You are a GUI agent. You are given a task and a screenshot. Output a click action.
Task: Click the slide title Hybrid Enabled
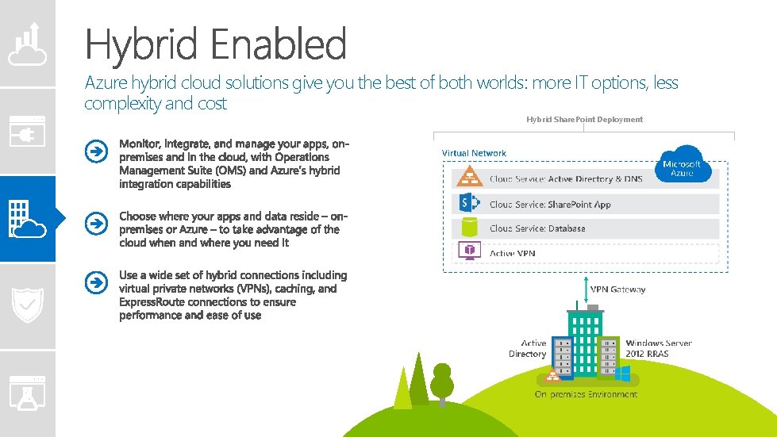[215, 44]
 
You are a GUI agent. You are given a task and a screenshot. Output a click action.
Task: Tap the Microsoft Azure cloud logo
[681, 165]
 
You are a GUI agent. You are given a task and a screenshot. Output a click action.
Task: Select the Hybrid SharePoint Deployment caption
[584, 119]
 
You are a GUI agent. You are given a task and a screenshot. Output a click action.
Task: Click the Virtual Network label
[474, 153]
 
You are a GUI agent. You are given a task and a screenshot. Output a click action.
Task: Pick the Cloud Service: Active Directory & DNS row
[566, 179]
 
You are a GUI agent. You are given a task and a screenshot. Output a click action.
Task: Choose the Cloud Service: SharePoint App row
[550, 205]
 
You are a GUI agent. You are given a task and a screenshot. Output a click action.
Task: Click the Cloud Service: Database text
[537, 228]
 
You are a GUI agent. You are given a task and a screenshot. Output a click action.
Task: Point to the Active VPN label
[512, 253]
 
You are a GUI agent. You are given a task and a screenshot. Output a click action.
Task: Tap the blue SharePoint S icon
[468, 204]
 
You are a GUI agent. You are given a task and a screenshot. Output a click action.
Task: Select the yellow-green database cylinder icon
[468, 228]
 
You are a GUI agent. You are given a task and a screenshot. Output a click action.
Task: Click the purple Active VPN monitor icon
[468, 252]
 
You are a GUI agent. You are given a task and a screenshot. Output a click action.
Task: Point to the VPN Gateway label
[618, 289]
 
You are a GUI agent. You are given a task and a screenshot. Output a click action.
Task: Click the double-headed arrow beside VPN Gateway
[584, 289]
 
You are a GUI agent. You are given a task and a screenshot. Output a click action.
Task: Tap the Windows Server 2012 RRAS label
[658, 348]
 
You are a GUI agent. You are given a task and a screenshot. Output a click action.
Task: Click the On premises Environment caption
[586, 394]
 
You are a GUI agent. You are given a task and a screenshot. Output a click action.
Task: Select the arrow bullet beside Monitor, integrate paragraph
[95, 151]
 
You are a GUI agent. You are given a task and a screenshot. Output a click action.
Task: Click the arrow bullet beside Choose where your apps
[95, 224]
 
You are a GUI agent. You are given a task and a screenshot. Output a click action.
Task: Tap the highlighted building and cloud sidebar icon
[28, 219]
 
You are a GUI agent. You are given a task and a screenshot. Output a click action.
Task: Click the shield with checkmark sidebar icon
[28, 305]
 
